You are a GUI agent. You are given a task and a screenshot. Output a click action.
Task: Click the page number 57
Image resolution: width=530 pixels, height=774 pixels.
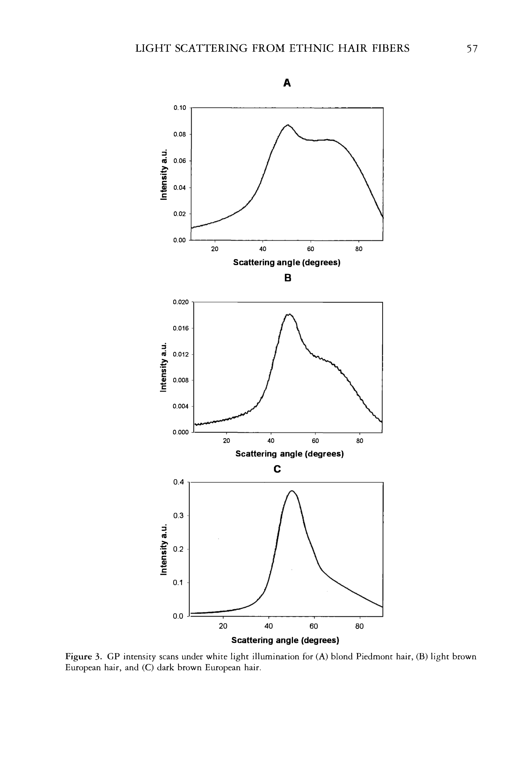click(472, 49)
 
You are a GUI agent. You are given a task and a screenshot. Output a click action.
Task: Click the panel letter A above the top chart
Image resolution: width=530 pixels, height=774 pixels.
click(287, 83)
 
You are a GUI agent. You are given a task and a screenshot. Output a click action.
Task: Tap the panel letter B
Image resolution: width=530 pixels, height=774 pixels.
click(288, 278)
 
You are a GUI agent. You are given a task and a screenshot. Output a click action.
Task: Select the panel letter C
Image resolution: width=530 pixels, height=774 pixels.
click(277, 469)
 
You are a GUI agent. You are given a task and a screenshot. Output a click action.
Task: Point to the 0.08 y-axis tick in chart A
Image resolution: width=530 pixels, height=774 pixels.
click(180, 135)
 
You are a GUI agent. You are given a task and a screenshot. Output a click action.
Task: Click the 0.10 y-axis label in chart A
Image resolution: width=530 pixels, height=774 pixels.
click(180, 108)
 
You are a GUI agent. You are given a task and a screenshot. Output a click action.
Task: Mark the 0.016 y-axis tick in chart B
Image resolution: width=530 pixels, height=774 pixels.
click(181, 328)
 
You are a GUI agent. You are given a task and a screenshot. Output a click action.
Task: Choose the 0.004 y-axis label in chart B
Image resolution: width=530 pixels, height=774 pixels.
click(181, 406)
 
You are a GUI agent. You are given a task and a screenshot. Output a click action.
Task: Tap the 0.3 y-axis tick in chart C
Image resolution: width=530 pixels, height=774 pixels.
click(178, 516)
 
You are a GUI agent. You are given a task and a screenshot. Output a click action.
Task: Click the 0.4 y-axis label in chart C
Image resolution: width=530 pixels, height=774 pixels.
click(178, 482)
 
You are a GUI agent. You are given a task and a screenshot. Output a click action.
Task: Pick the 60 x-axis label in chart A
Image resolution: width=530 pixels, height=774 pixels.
click(310, 249)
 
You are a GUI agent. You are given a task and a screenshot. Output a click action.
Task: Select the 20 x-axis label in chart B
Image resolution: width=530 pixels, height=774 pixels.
click(227, 441)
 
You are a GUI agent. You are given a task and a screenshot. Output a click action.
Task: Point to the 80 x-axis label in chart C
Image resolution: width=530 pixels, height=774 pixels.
click(360, 626)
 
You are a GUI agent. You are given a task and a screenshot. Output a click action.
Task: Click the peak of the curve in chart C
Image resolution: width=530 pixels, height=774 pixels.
click(292, 491)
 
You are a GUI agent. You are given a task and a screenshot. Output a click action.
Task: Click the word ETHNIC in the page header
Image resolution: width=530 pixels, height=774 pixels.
click(311, 49)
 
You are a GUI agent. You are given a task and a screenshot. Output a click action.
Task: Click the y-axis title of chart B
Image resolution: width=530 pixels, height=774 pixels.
click(163, 367)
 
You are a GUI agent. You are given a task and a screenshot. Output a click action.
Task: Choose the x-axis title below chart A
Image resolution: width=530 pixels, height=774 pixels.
click(286, 263)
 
